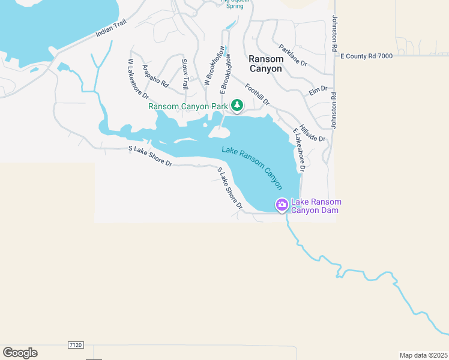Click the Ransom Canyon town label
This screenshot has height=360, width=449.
265,64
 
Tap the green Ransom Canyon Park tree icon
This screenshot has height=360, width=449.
237,106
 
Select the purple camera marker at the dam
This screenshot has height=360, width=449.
282,205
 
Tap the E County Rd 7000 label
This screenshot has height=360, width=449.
366,56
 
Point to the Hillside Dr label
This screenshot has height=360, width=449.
312,133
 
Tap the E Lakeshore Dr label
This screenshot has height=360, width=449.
299,150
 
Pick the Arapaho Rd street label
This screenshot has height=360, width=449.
155,76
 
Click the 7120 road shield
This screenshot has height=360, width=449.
76,345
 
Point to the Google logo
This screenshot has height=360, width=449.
20,353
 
